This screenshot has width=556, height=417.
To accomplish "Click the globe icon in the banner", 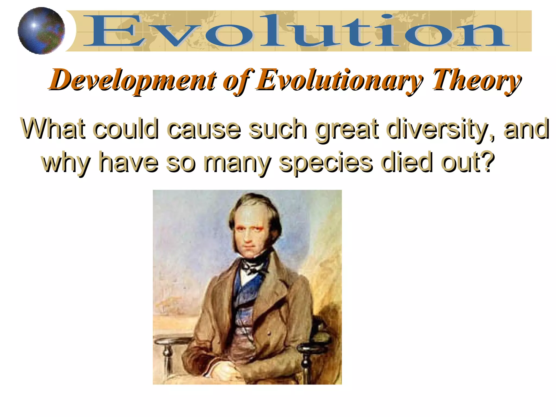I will click(x=41, y=31).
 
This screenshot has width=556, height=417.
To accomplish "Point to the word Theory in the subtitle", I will click(x=476, y=80).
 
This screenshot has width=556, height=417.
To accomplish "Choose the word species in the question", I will click(x=326, y=162).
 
